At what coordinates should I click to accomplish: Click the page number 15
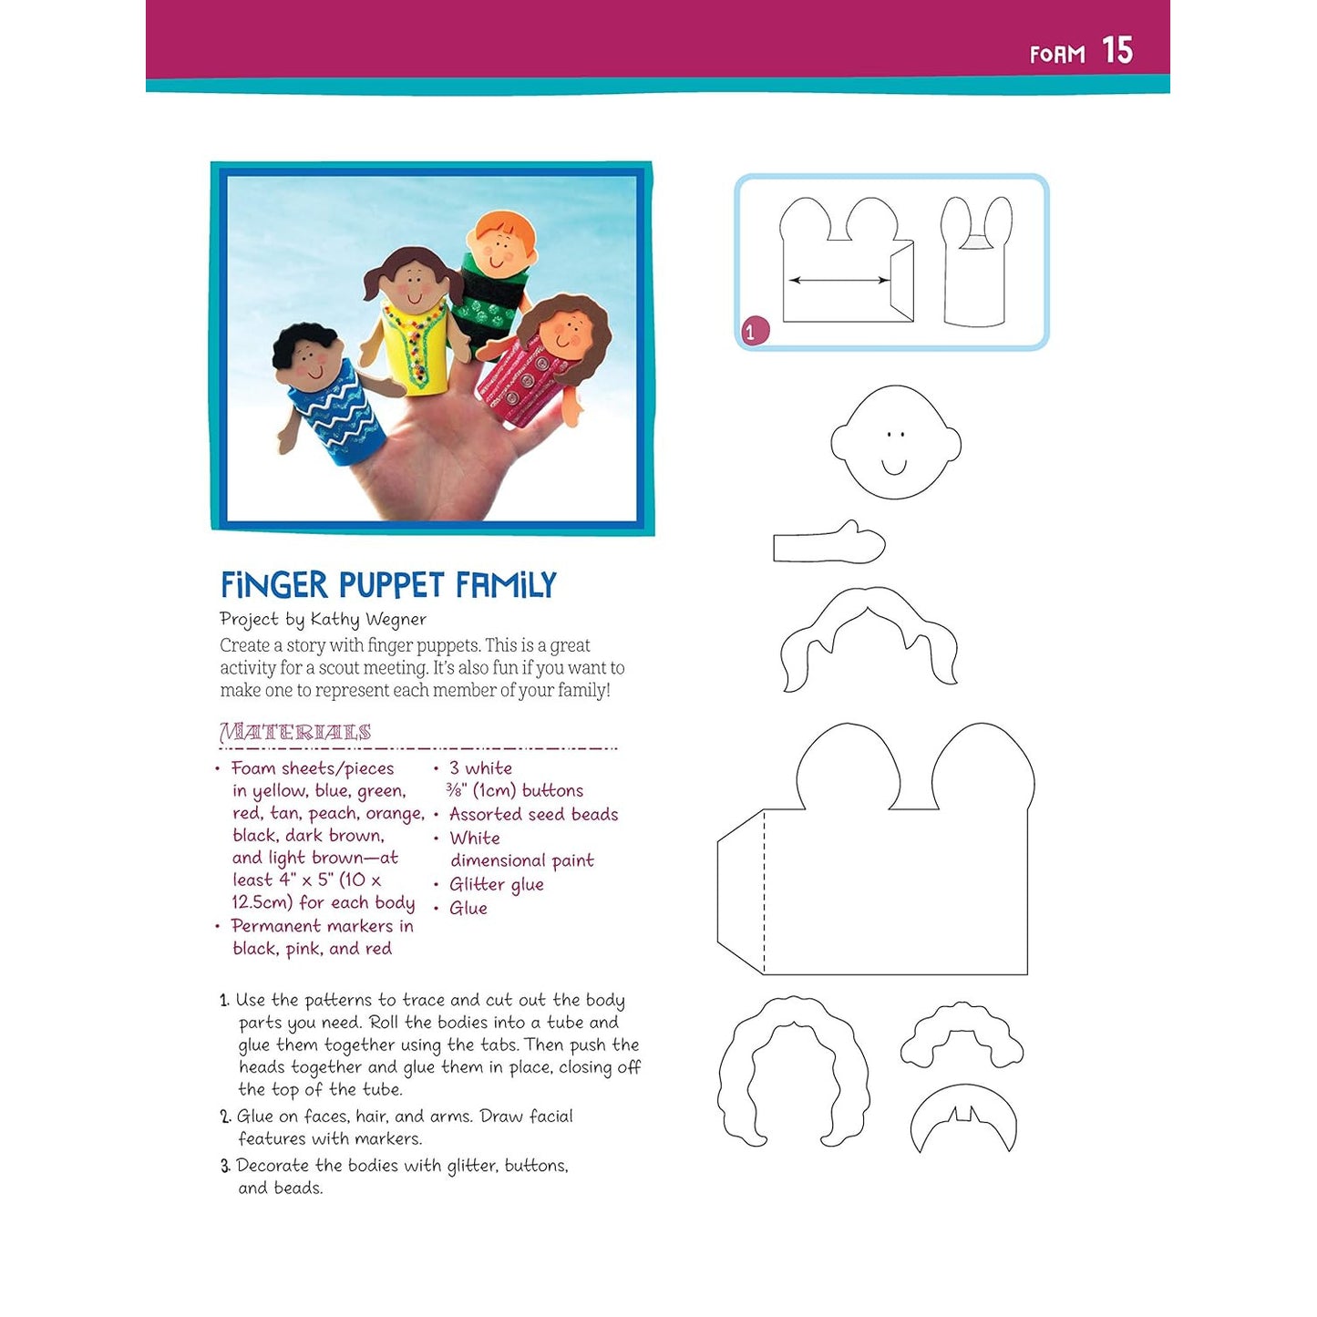(1116, 50)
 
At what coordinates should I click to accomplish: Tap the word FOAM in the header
(1057, 55)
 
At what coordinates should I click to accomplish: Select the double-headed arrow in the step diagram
(839, 280)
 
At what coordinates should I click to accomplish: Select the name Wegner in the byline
(395, 620)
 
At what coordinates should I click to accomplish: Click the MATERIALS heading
(295, 732)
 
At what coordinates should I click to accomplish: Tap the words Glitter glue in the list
(496, 884)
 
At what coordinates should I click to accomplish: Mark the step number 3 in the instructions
(225, 1166)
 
